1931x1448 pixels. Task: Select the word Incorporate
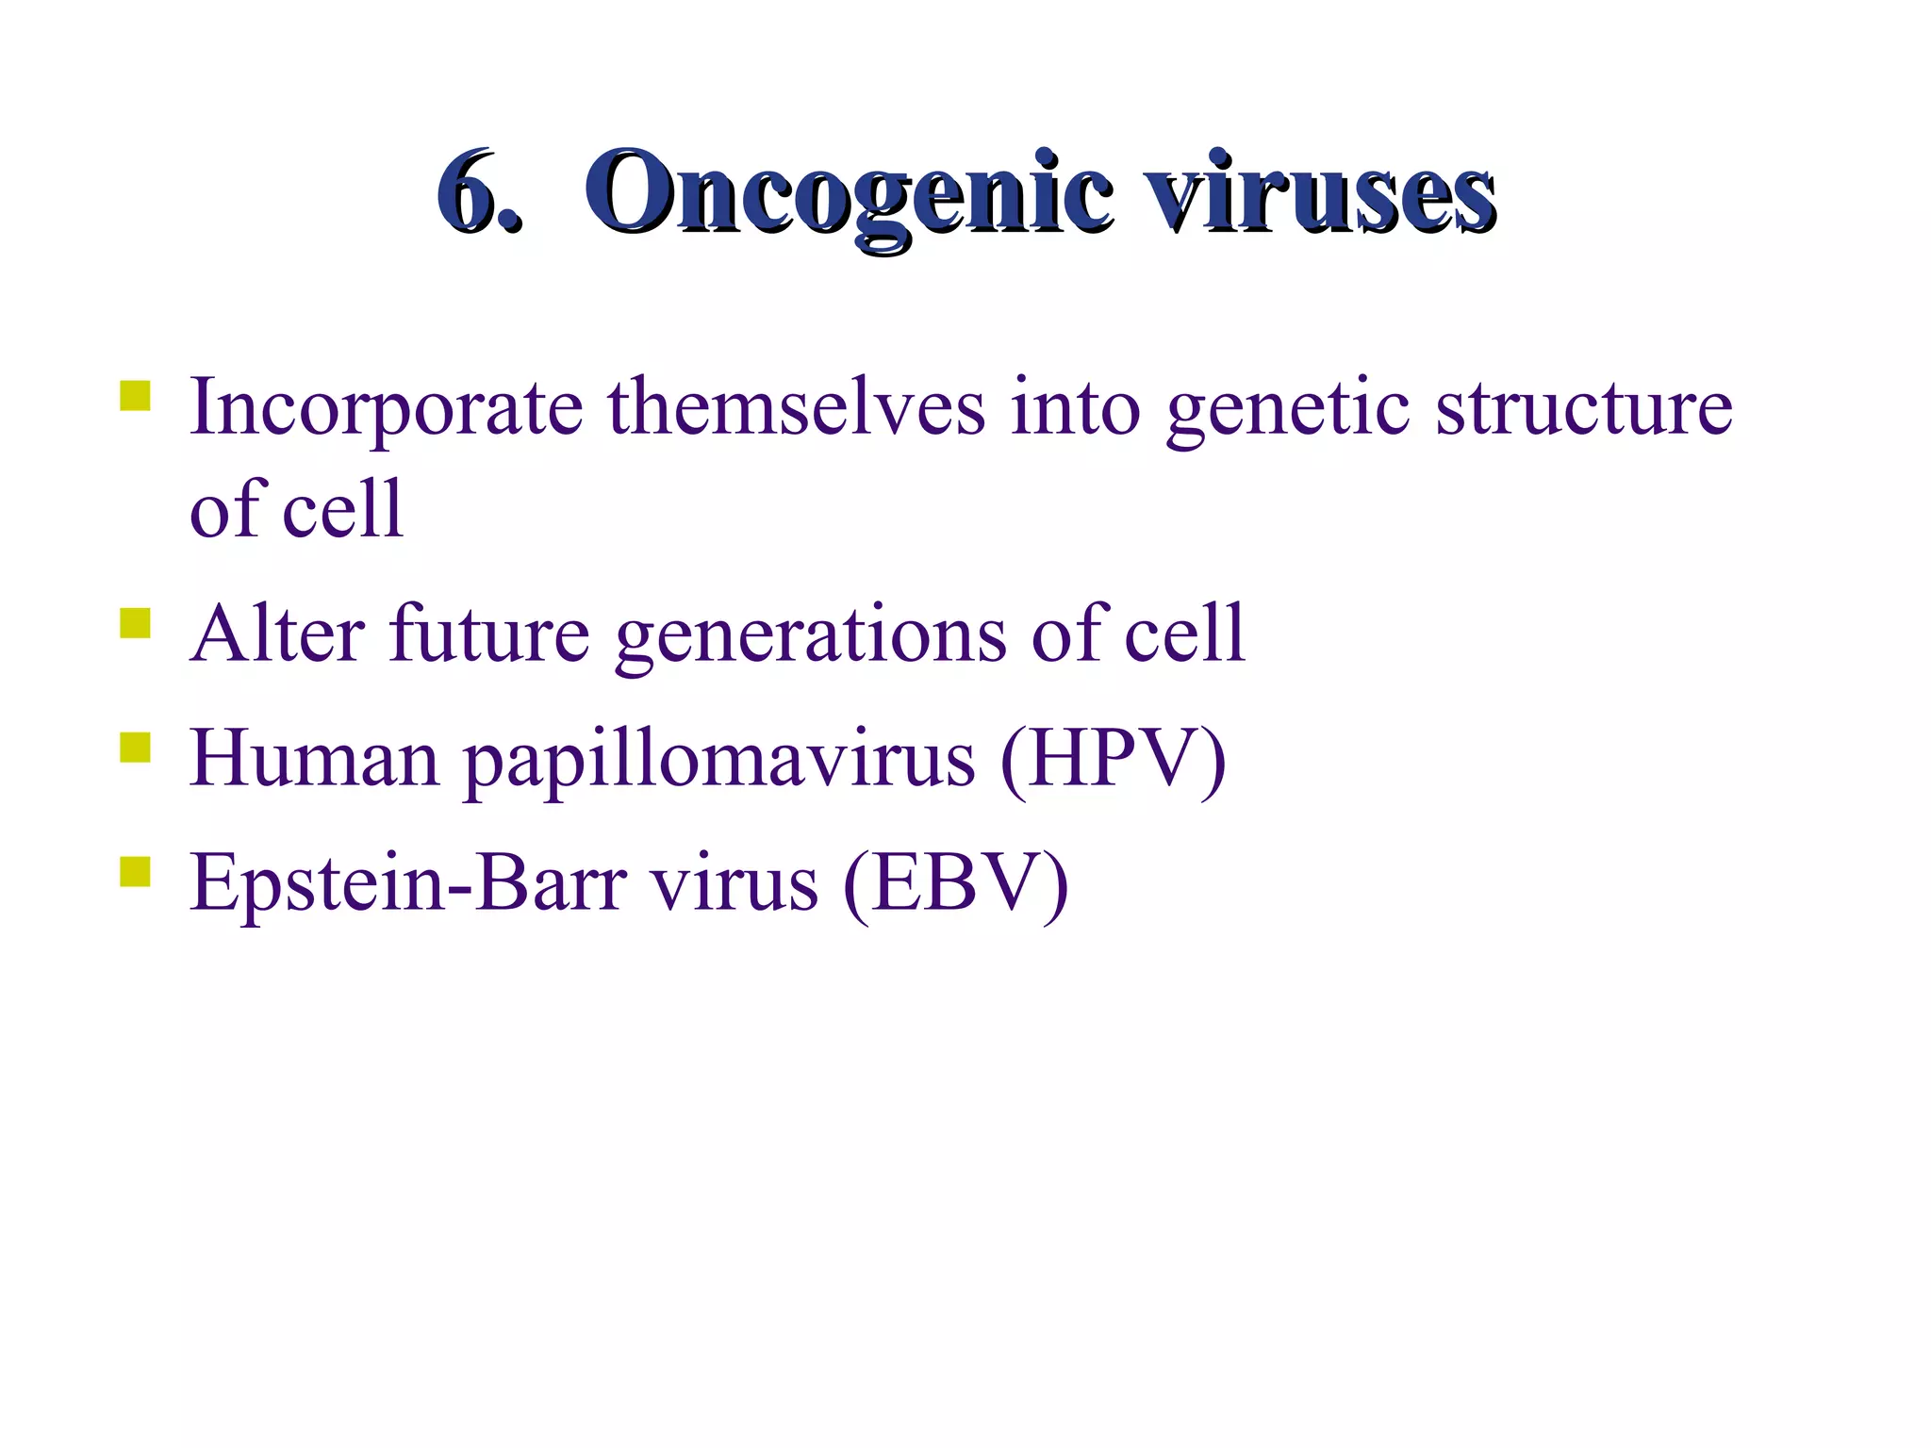tap(386, 407)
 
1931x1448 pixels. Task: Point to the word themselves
tap(796, 407)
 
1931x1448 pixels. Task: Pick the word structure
tap(1583, 407)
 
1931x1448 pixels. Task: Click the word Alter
tap(277, 633)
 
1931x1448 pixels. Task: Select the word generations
tap(811, 633)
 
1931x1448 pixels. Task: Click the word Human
tap(315, 759)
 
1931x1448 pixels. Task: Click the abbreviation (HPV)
tap(1114, 759)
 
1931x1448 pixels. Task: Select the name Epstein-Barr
tap(407, 883)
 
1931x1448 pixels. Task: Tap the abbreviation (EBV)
tap(955, 883)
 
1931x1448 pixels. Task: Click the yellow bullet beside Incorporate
tap(136, 395)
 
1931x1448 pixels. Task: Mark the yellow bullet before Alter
tap(136, 622)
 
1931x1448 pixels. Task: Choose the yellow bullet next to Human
tap(136, 747)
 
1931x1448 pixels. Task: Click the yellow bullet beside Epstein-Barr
tap(136, 872)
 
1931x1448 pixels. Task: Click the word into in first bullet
tap(1075, 407)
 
